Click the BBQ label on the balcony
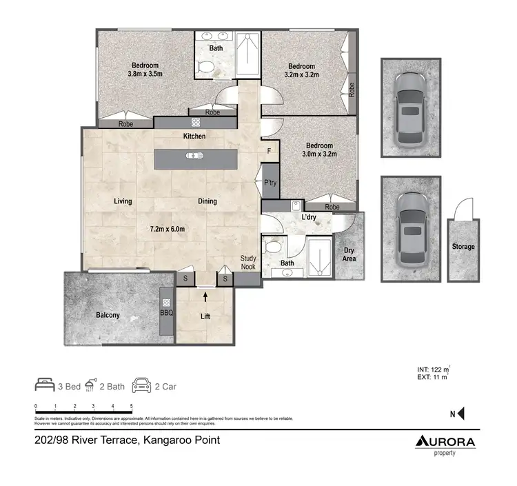(x=165, y=312)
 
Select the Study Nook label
(x=248, y=263)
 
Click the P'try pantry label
(x=270, y=183)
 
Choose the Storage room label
(x=463, y=247)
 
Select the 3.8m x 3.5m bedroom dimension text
(x=145, y=73)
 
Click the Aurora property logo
(x=445, y=443)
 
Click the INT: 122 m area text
(x=433, y=369)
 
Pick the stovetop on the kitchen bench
(x=195, y=123)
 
